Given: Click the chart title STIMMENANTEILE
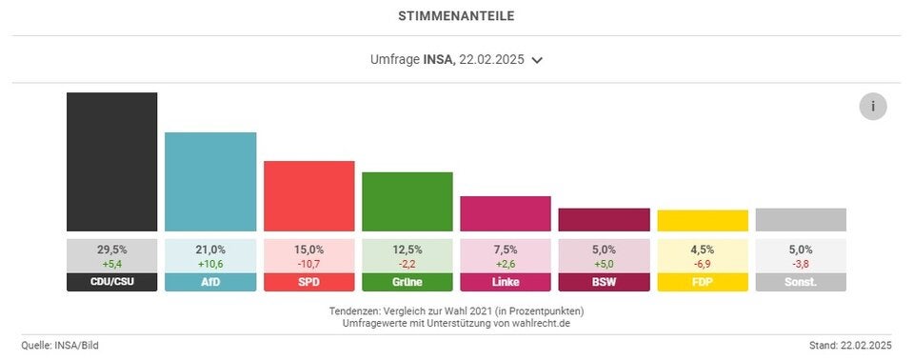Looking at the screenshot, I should (456, 16).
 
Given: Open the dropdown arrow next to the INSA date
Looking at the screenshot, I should (537, 60).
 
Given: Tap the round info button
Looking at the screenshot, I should (872, 107).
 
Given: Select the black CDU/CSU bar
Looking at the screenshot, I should (111, 162).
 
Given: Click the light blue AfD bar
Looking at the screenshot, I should (210, 182).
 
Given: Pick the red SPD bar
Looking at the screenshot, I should (308, 196).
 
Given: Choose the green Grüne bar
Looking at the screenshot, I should (407, 202).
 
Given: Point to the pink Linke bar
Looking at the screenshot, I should (506, 214).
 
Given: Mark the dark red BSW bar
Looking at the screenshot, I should (604, 220).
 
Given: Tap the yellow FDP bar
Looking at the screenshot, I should (703, 221).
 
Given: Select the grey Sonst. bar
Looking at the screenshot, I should (801, 220).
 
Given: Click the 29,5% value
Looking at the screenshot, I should (111, 249).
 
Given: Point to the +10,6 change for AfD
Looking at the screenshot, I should (210, 263).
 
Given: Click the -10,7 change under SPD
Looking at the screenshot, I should (308, 263).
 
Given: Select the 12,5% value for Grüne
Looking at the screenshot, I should (407, 249).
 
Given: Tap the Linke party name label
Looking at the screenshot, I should (506, 283).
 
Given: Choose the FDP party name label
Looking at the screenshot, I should (703, 283).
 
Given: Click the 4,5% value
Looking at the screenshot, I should (703, 249).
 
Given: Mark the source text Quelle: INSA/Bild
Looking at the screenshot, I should (60, 345).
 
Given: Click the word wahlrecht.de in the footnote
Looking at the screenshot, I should (544, 323).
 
